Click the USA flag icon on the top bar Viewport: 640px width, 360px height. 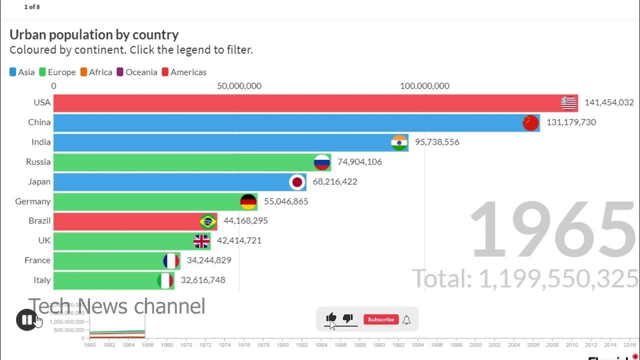coord(568,103)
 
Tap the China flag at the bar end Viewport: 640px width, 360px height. coord(530,122)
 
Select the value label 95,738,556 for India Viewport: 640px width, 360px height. coord(436,142)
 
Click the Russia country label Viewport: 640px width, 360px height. coord(38,162)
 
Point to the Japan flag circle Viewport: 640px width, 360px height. coord(297,182)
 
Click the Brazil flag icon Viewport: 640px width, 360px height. coord(207,221)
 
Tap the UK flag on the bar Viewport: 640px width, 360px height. coord(201,241)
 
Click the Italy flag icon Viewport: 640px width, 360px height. coord(165,280)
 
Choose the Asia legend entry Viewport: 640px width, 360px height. coord(22,72)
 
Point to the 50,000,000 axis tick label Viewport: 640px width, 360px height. coord(239,86)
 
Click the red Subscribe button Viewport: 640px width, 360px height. coord(380,319)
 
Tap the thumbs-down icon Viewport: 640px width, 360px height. coord(348,318)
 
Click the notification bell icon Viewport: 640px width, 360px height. coord(406,320)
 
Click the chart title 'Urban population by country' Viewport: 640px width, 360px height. coord(94,34)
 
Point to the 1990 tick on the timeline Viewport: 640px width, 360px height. coord(379,345)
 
